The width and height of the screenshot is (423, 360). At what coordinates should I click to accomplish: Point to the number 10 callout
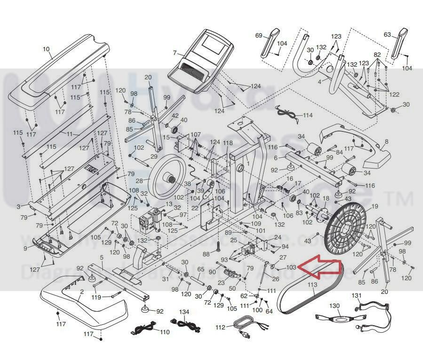46,49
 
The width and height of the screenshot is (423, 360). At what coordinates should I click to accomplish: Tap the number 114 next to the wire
308,115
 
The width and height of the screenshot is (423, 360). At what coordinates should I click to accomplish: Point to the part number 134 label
184,312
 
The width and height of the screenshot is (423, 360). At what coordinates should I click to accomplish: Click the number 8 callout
387,141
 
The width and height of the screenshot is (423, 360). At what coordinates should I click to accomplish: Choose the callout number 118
228,143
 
